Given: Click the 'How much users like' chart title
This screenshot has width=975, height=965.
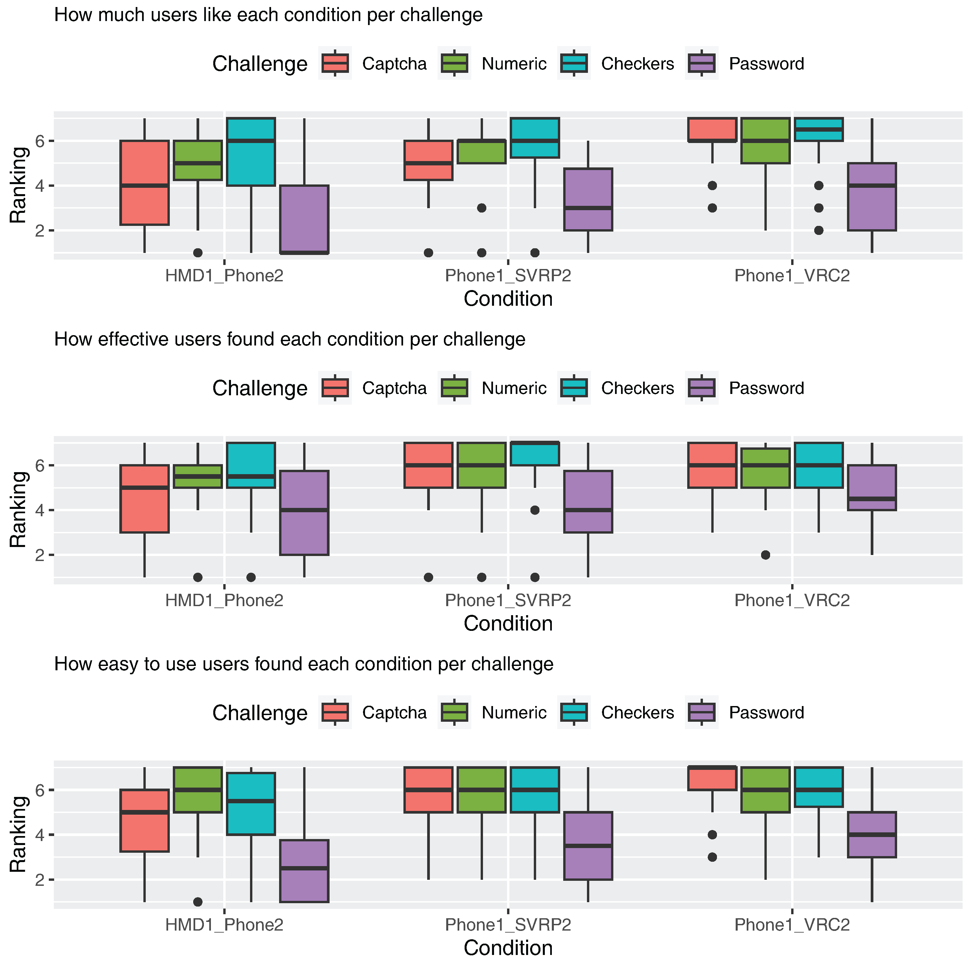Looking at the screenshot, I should pos(268,15).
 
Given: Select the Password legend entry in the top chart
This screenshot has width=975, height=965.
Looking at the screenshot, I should pos(766,64).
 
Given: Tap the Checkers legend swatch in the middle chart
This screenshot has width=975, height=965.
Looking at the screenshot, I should pos(574,388).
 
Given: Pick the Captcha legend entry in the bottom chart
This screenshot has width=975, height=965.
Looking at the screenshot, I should pos(394,712).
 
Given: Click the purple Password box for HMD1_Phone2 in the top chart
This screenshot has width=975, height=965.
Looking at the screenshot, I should pos(304,220).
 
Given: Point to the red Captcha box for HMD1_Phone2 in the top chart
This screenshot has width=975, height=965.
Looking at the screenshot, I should pos(144,183).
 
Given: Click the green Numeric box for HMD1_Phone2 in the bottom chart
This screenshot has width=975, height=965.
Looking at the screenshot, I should pos(198,790).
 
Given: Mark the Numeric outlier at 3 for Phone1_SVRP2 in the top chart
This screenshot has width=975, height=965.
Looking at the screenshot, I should pos(481,208).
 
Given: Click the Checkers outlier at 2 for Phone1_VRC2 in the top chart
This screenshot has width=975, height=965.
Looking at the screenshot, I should pos(819,231).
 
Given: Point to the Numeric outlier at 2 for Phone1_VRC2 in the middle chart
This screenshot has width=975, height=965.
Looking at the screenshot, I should pos(765,555).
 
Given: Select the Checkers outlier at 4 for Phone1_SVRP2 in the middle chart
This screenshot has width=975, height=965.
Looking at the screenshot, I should pos(535,510).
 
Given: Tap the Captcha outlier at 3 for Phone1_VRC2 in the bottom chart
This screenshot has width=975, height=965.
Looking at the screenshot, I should pos(712,857).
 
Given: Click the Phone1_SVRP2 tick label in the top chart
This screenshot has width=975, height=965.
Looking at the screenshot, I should pos(508,276).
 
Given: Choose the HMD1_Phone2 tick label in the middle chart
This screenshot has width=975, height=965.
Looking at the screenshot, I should pos(224,600).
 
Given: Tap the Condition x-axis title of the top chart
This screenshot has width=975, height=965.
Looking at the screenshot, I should pos(508,299).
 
